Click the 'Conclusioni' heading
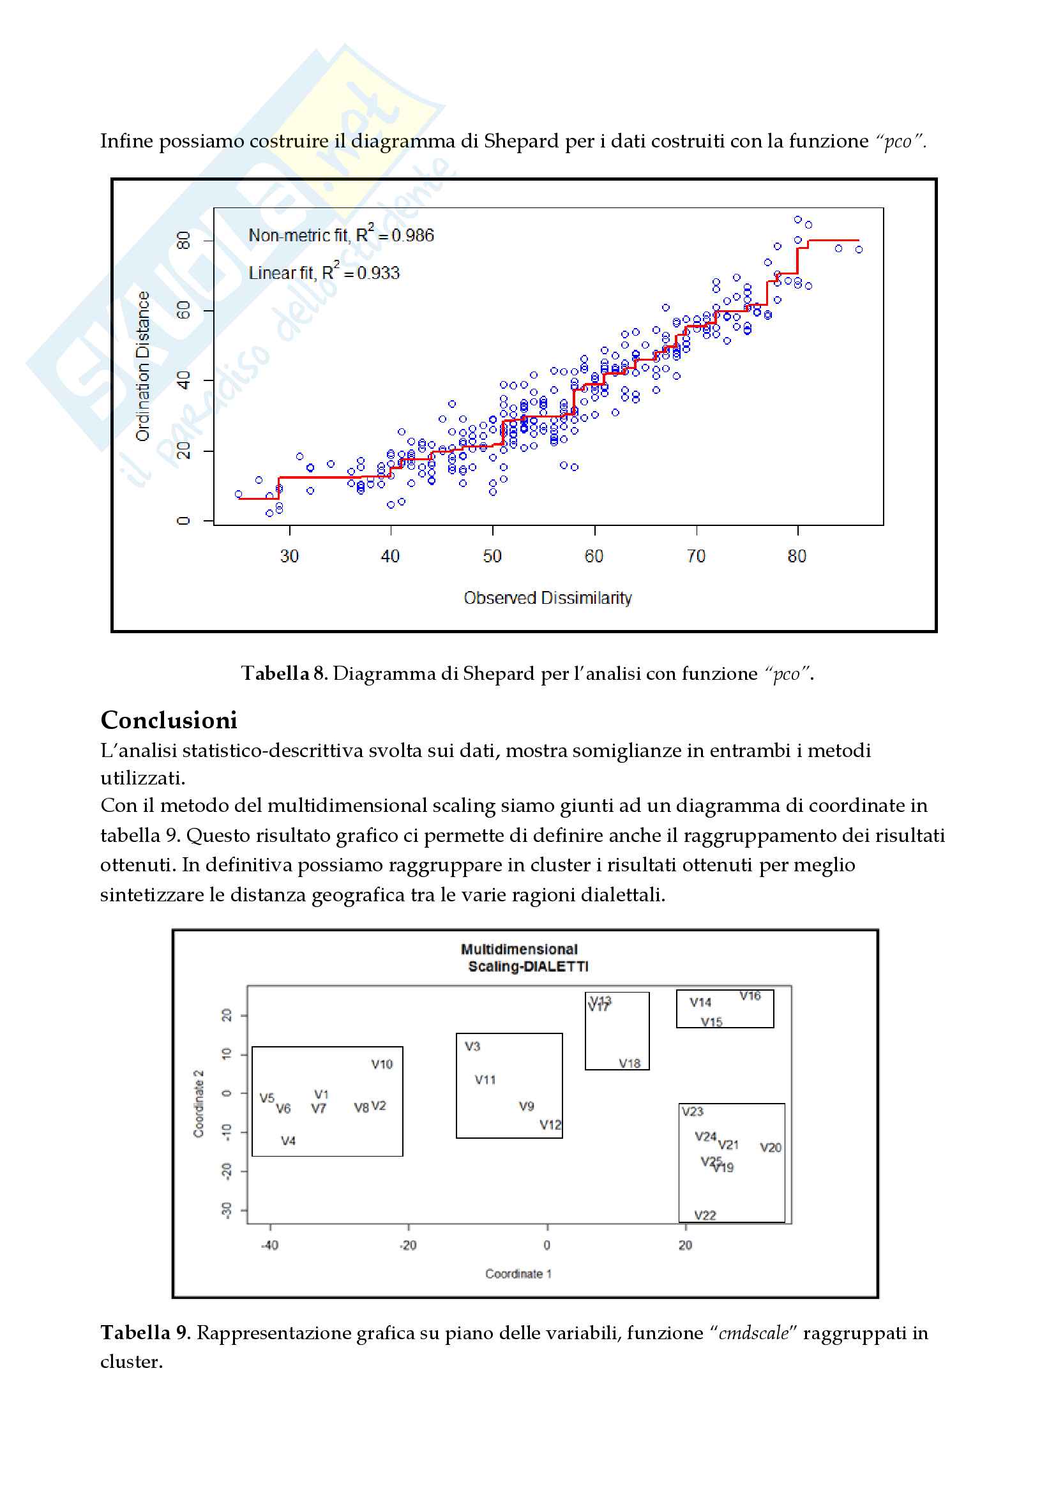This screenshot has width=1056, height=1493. [169, 721]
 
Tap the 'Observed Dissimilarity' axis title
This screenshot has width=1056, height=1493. [548, 597]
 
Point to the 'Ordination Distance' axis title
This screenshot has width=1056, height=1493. [142, 366]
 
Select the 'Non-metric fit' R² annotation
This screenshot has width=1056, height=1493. [341, 235]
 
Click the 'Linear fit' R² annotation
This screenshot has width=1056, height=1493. [324, 273]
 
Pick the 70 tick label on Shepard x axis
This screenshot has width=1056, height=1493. [696, 556]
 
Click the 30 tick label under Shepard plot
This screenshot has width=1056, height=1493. [289, 556]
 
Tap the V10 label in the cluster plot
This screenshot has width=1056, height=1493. [382, 1065]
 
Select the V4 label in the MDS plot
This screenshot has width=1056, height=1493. [288, 1141]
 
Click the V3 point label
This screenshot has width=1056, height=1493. [472, 1046]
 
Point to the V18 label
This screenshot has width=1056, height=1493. [630, 1064]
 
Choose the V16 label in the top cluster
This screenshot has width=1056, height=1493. [750, 996]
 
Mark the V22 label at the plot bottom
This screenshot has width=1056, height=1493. [705, 1215]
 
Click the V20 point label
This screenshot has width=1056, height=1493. [771, 1148]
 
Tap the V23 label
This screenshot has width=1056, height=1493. [693, 1112]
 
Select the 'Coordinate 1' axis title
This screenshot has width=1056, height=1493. [518, 1274]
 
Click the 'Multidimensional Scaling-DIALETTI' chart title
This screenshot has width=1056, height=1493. [524, 958]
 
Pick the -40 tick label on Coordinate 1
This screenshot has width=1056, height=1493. [269, 1245]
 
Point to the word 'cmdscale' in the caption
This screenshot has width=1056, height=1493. [753, 1333]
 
